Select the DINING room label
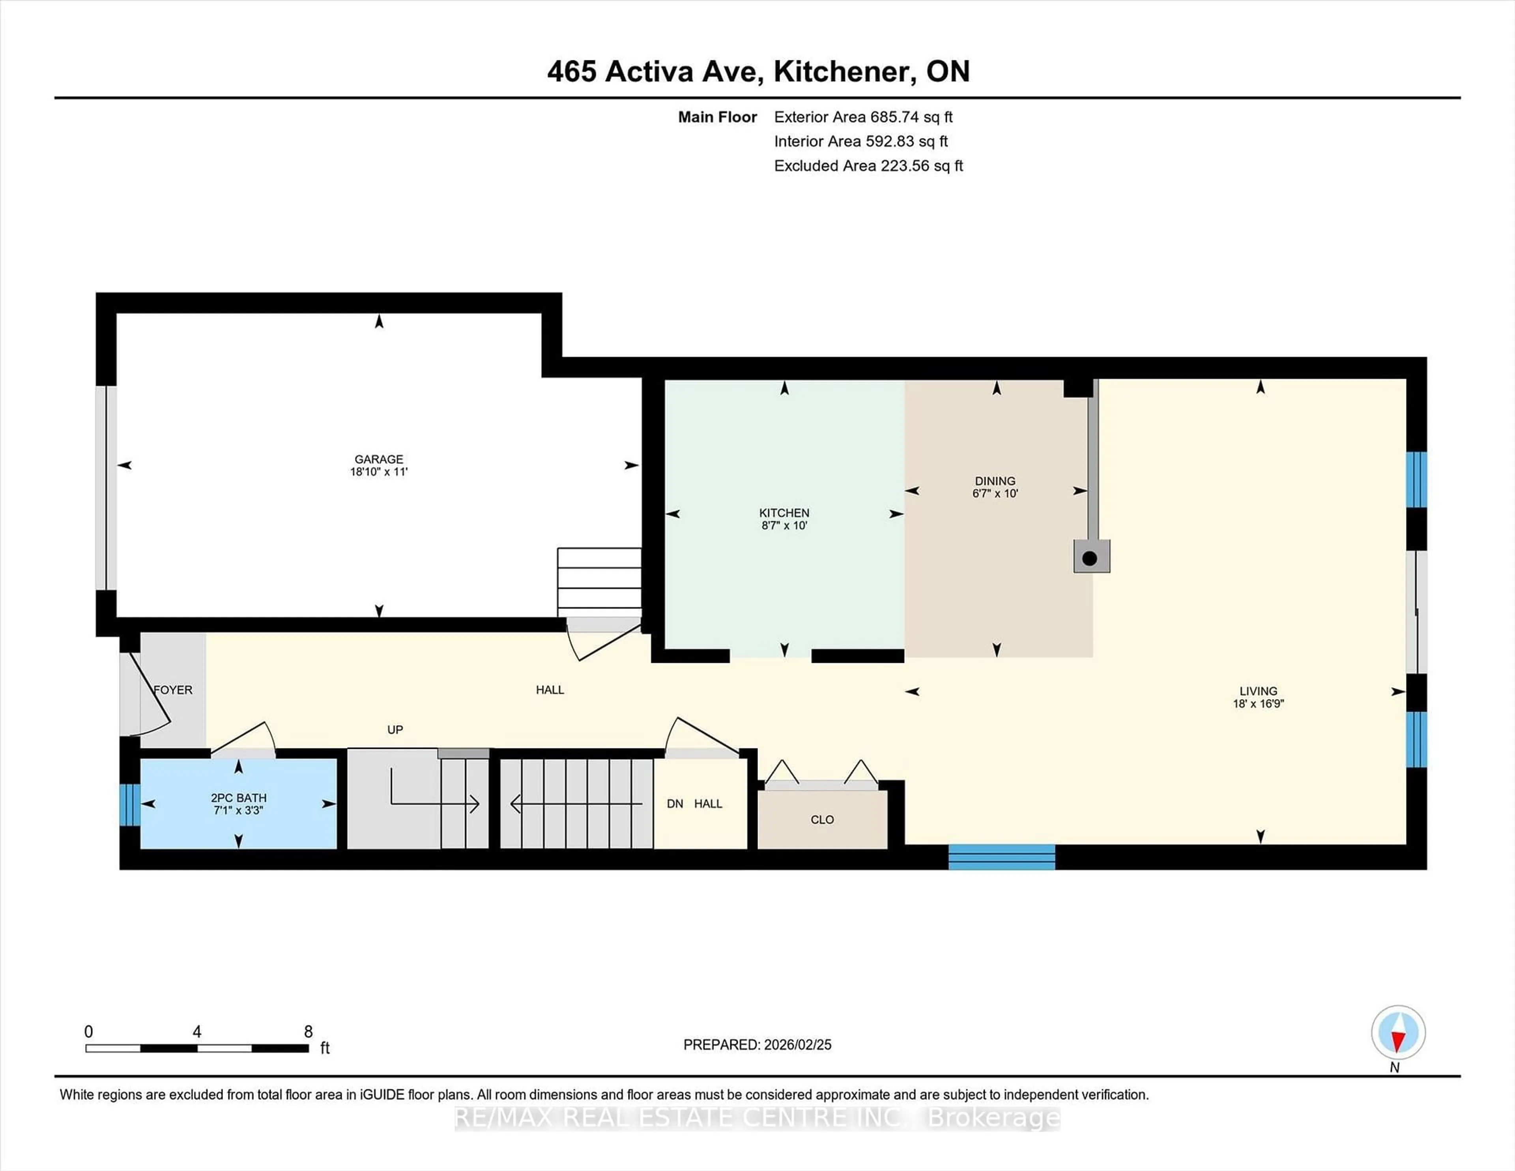[995, 481]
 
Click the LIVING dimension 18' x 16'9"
[1258, 703]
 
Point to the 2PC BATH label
[239, 798]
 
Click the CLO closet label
[822, 819]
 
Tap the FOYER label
[173, 690]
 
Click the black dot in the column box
[1090, 558]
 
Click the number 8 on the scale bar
[308, 1032]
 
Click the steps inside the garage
[599, 581]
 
